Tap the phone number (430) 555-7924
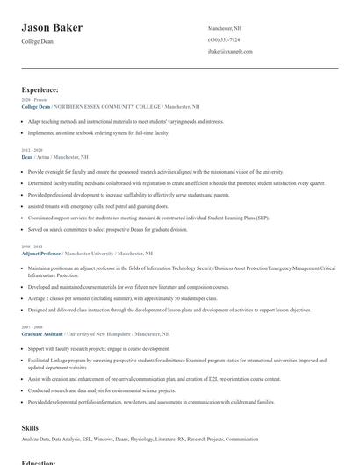tap(223, 39)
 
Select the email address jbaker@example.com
tap(230, 51)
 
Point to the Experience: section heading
tap(40, 89)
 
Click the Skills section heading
tap(30, 427)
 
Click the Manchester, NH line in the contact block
tap(224, 28)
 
